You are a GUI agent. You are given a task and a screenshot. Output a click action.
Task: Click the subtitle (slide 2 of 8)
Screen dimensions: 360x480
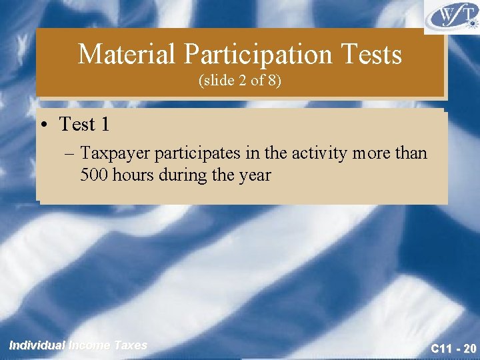[240, 82]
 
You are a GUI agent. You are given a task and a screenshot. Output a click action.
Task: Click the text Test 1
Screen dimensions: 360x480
[85, 124]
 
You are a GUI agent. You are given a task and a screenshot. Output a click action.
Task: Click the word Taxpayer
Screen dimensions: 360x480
[116, 153]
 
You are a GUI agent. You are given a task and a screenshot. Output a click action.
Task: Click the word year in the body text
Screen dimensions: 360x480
[257, 176]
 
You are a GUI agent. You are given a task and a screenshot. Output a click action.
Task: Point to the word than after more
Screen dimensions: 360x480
[408, 153]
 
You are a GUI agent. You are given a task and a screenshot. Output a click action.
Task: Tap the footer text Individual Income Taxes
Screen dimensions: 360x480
[78, 345]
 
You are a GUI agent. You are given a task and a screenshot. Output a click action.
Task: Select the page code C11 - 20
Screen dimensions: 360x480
[453, 347]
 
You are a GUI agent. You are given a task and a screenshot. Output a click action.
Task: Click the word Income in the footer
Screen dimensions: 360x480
[91, 345]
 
